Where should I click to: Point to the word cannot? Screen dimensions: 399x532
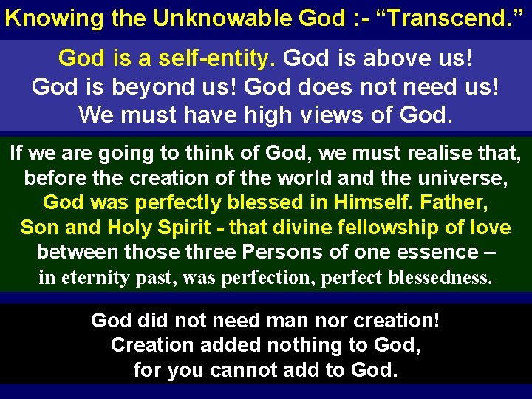pos(252,369)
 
